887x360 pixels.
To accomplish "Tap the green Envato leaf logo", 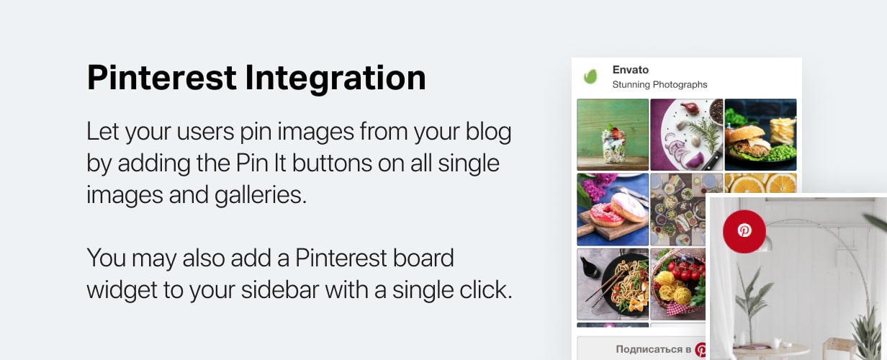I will click(x=590, y=76).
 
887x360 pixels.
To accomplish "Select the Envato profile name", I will click(x=630, y=70).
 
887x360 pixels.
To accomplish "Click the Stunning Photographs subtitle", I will click(x=659, y=84).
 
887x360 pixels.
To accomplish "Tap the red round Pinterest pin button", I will click(x=744, y=231).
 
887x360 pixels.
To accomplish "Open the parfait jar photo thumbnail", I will click(x=613, y=135).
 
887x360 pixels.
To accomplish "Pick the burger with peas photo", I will click(x=760, y=135).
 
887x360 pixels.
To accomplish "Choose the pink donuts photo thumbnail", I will click(x=613, y=210).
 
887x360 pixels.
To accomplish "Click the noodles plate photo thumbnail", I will click(x=613, y=284).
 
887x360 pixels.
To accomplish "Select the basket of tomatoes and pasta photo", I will click(x=677, y=284).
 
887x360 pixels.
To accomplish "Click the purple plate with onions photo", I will click(x=686, y=135).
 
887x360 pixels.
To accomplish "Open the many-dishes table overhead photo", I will click(x=677, y=210).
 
